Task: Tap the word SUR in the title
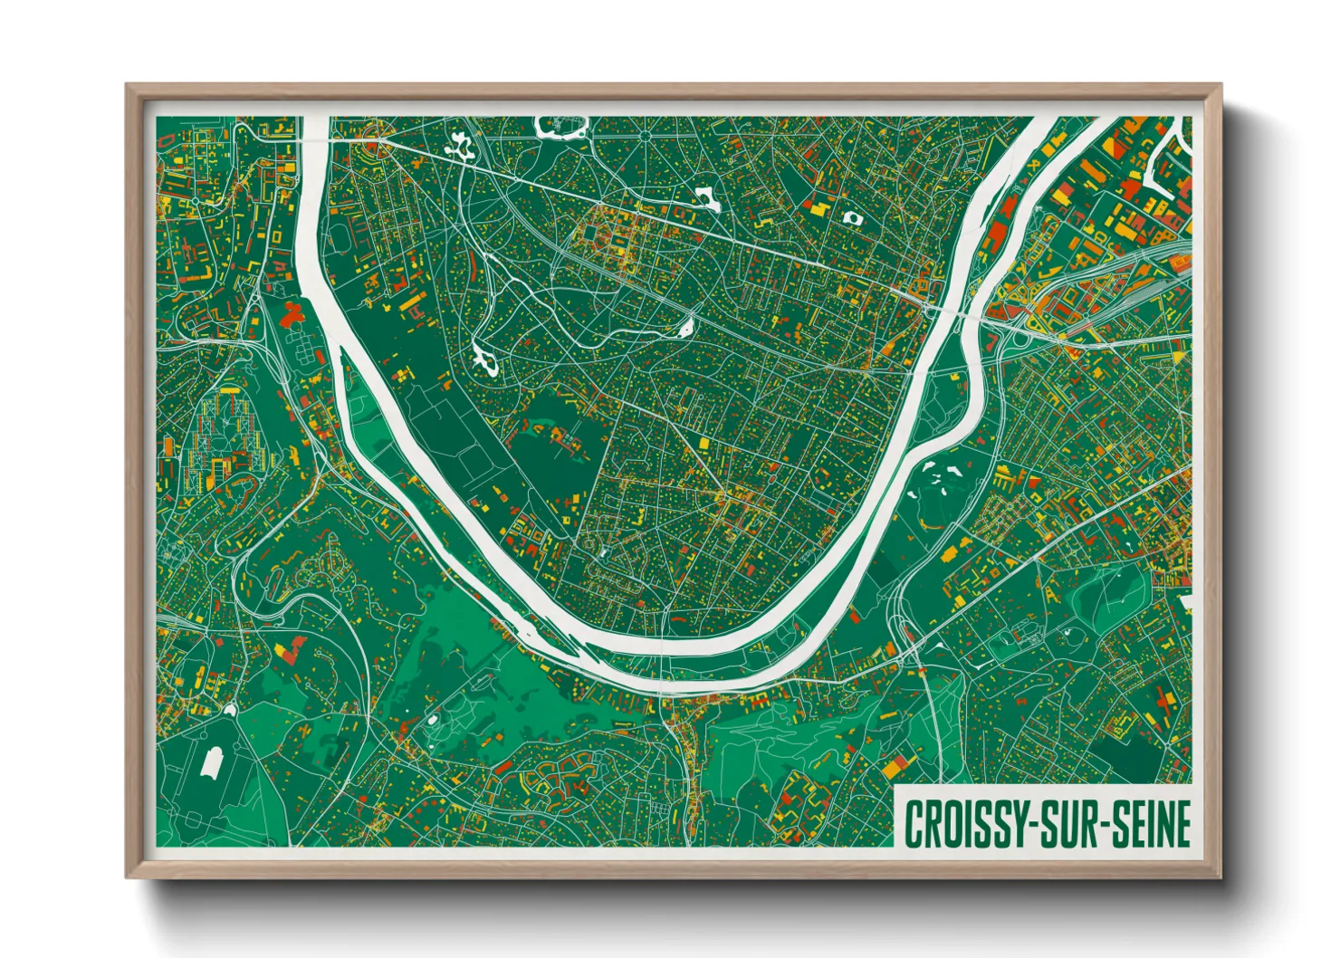pyautogui.click(x=1073, y=825)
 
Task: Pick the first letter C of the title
pyautogui.click(x=913, y=825)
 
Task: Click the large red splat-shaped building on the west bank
pyautogui.click(x=291, y=315)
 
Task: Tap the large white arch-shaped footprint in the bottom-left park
pyautogui.click(x=212, y=762)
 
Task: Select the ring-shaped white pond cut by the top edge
pyautogui.click(x=562, y=127)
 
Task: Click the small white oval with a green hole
pyautogui.click(x=851, y=217)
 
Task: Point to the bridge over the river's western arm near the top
pyautogui.click(x=313, y=142)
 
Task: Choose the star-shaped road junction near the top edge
pyautogui.click(x=645, y=136)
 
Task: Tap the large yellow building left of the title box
pyautogui.click(x=895, y=769)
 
